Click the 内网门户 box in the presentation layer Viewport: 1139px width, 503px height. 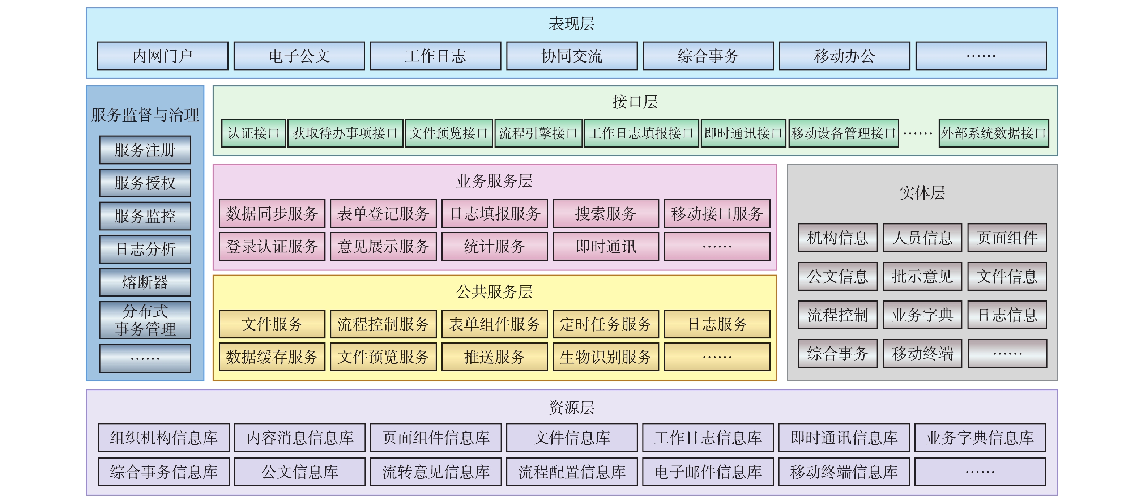click(163, 56)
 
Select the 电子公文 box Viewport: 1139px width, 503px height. click(299, 56)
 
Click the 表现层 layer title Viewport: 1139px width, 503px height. click(571, 24)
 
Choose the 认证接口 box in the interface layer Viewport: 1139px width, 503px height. click(253, 133)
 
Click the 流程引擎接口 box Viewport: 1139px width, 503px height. click(538, 133)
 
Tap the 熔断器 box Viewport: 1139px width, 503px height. click(145, 282)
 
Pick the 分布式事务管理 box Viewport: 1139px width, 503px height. click(145, 320)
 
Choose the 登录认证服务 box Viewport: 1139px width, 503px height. click(272, 247)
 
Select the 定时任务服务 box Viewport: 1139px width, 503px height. click(605, 324)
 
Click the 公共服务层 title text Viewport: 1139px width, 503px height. click(494, 292)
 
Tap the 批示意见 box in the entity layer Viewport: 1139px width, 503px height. click(922, 277)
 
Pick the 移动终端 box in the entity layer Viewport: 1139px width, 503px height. click(922, 354)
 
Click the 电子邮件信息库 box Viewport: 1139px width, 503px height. click(708, 472)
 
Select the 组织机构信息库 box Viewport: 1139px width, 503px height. click(163, 438)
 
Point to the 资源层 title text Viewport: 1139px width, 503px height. click(571, 408)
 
